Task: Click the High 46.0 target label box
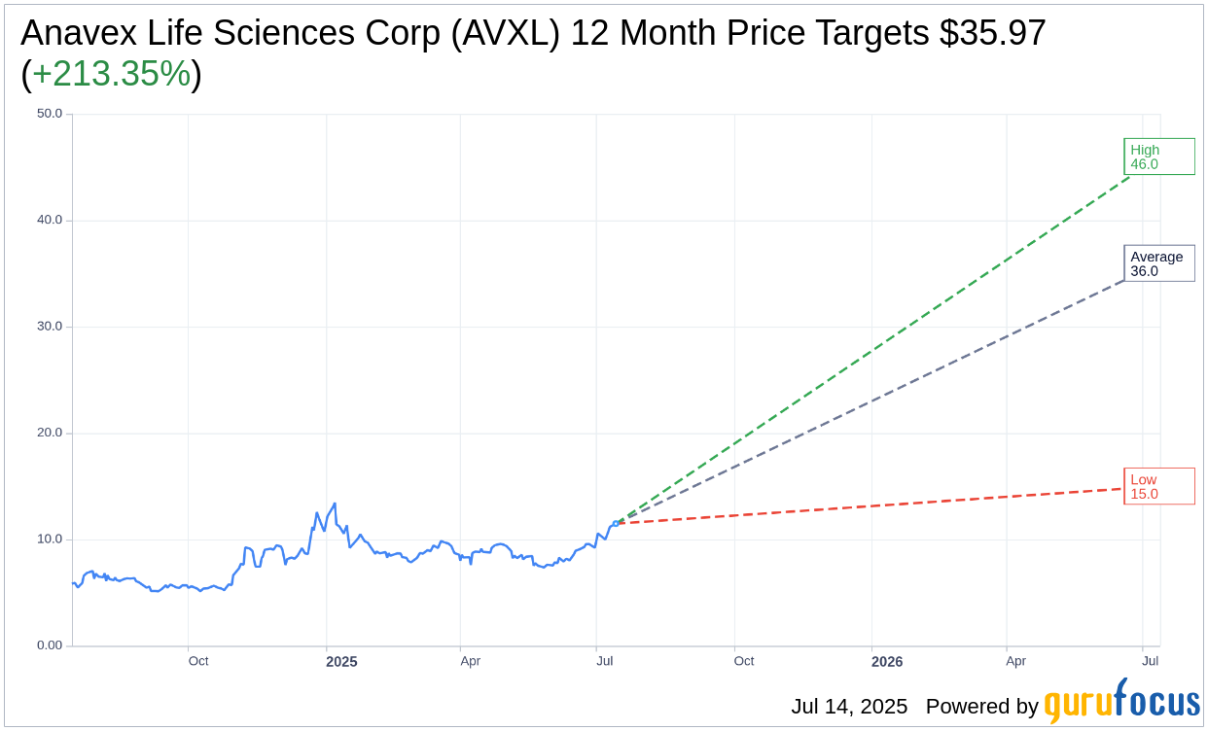click(x=1158, y=157)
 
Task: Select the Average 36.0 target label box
click(x=1158, y=263)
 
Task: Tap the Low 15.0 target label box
click(x=1158, y=486)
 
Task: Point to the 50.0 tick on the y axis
click(x=50, y=114)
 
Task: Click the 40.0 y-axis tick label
click(x=50, y=220)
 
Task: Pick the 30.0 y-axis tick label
click(x=50, y=327)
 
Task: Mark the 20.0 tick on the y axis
click(x=50, y=433)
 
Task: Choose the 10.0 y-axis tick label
click(x=50, y=540)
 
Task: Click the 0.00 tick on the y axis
click(x=50, y=645)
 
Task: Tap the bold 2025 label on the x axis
click(x=341, y=662)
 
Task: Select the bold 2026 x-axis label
click(x=887, y=662)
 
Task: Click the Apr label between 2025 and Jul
click(x=471, y=661)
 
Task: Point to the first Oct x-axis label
click(x=198, y=661)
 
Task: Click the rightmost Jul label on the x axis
click(x=1150, y=661)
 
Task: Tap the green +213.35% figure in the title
click(x=111, y=74)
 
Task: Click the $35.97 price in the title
click(x=992, y=33)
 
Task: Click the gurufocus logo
click(x=1121, y=702)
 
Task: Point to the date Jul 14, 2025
click(x=849, y=707)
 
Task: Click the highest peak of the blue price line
click(x=335, y=504)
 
